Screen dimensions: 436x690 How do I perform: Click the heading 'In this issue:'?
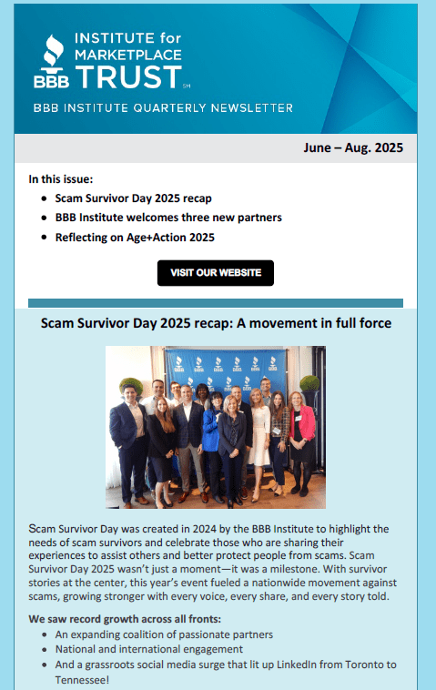pyautogui.click(x=60, y=178)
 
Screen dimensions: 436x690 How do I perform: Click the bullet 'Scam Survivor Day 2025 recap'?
pyautogui.click(x=133, y=197)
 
